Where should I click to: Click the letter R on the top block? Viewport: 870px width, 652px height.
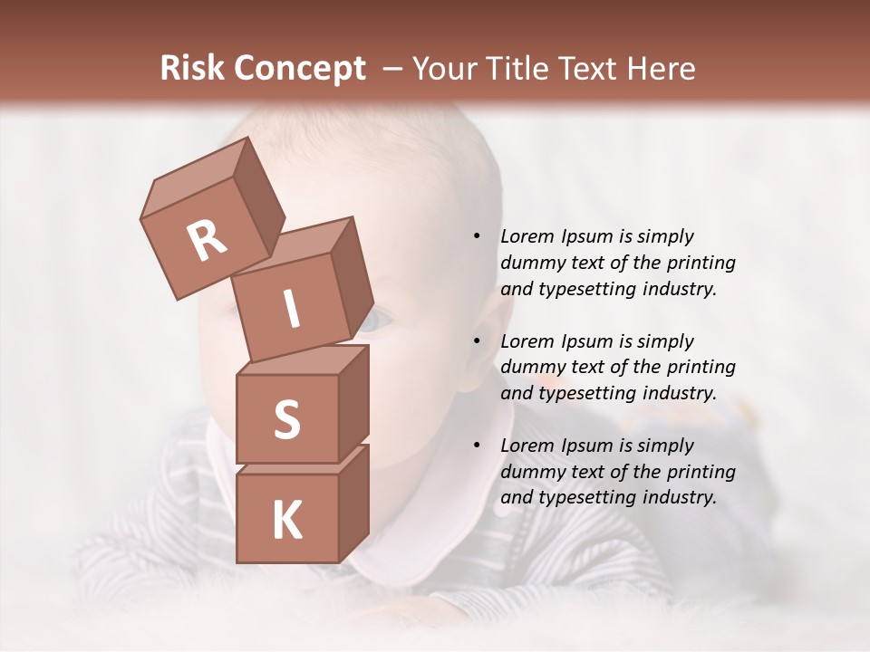[x=207, y=241]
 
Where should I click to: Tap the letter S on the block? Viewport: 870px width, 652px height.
[x=286, y=420]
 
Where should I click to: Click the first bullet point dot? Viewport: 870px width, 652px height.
[x=477, y=236]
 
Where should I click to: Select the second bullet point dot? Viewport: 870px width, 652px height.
[x=477, y=341]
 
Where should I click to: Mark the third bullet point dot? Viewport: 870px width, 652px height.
[x=477, y=446]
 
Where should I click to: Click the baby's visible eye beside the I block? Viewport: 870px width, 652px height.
[x=378, y=319]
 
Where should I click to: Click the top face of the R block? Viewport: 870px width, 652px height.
[x=196, y=177]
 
